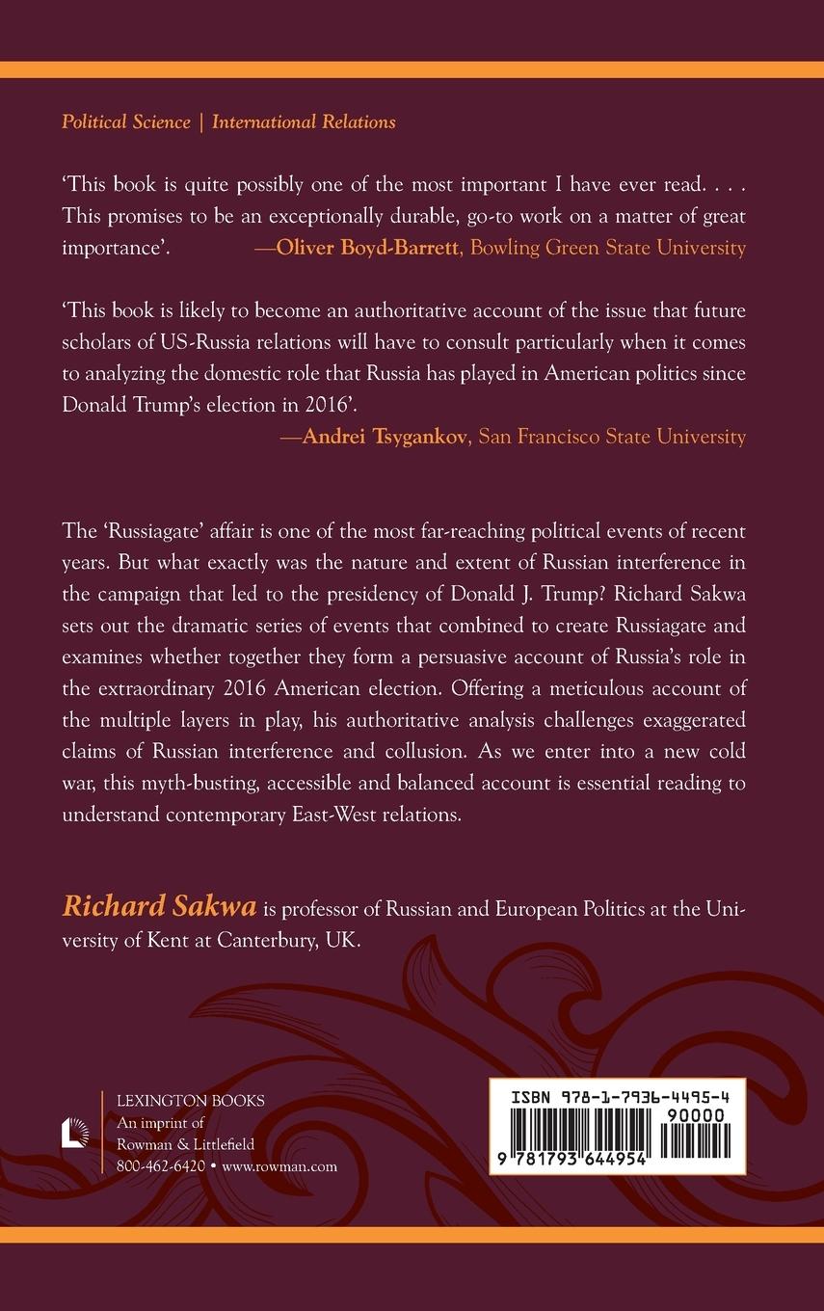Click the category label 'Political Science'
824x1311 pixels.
tap(124, 122)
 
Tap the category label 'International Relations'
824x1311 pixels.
tap(304, 122)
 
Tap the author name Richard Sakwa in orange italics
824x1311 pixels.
tap(160, 906)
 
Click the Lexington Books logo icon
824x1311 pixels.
tap(75, 1132)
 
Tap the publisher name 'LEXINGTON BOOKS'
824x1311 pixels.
tap(190, 1101)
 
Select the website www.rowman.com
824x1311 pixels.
tap(279, 1165)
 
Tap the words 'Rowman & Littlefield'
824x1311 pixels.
tap(185, 1144)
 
